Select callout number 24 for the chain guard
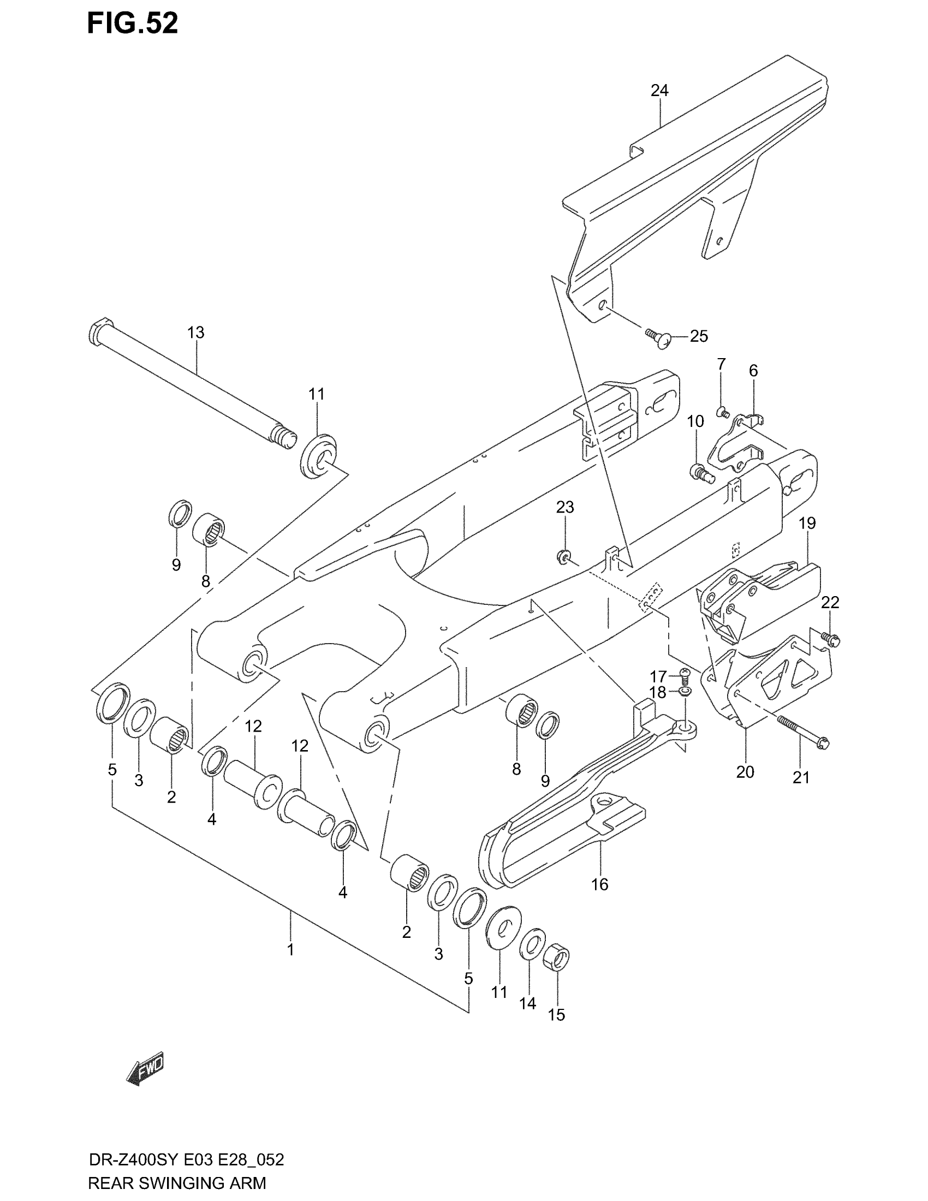tap(659, 91)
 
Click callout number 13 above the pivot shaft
tap(196, 332)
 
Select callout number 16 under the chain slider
tap(600, 885)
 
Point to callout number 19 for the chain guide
tap(807, 523)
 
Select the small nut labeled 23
tap(563, 557)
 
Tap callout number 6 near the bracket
tap(753, 371)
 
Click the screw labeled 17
tap(685, 673)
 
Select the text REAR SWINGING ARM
tap(176, 1182)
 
